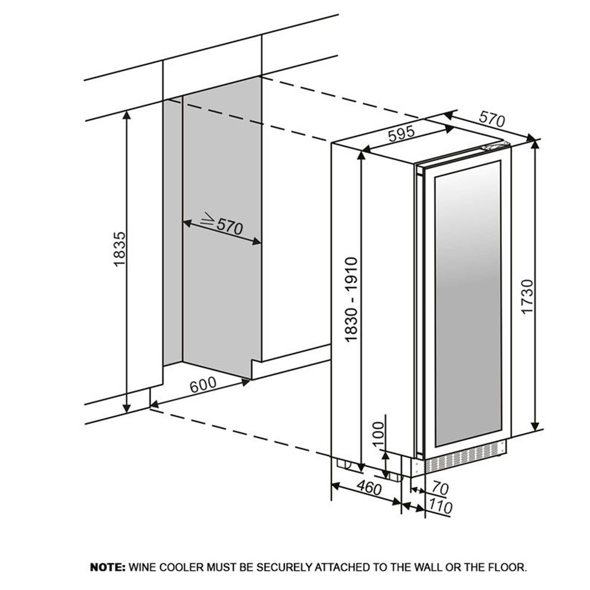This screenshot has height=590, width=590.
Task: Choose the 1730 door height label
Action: click(x=527, y=296)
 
